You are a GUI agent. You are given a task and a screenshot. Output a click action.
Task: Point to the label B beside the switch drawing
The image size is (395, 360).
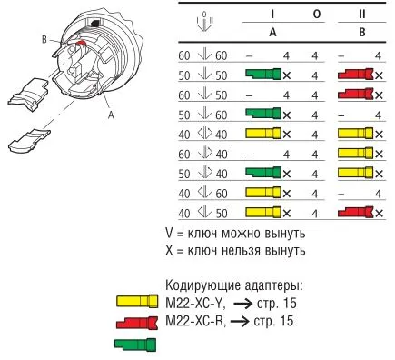click(x=44, y=39)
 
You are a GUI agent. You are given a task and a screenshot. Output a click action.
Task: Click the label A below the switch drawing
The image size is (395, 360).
click(x=111, y=115)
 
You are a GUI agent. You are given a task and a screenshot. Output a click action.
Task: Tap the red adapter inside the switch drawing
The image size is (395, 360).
click(x=81, y=43)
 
